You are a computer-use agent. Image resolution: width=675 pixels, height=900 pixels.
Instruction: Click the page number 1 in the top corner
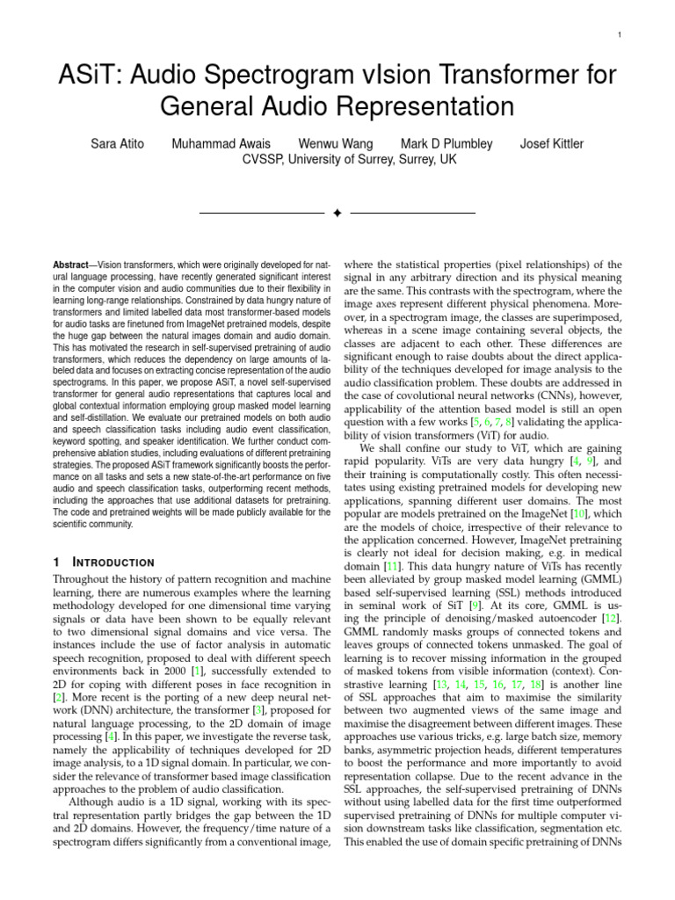(620, 35)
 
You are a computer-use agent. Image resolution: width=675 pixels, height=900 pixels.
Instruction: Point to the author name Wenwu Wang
(336, 143)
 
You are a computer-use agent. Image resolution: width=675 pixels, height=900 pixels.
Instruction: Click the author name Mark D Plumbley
(448, 143)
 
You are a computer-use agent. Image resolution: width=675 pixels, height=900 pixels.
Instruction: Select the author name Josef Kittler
(552, 143)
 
